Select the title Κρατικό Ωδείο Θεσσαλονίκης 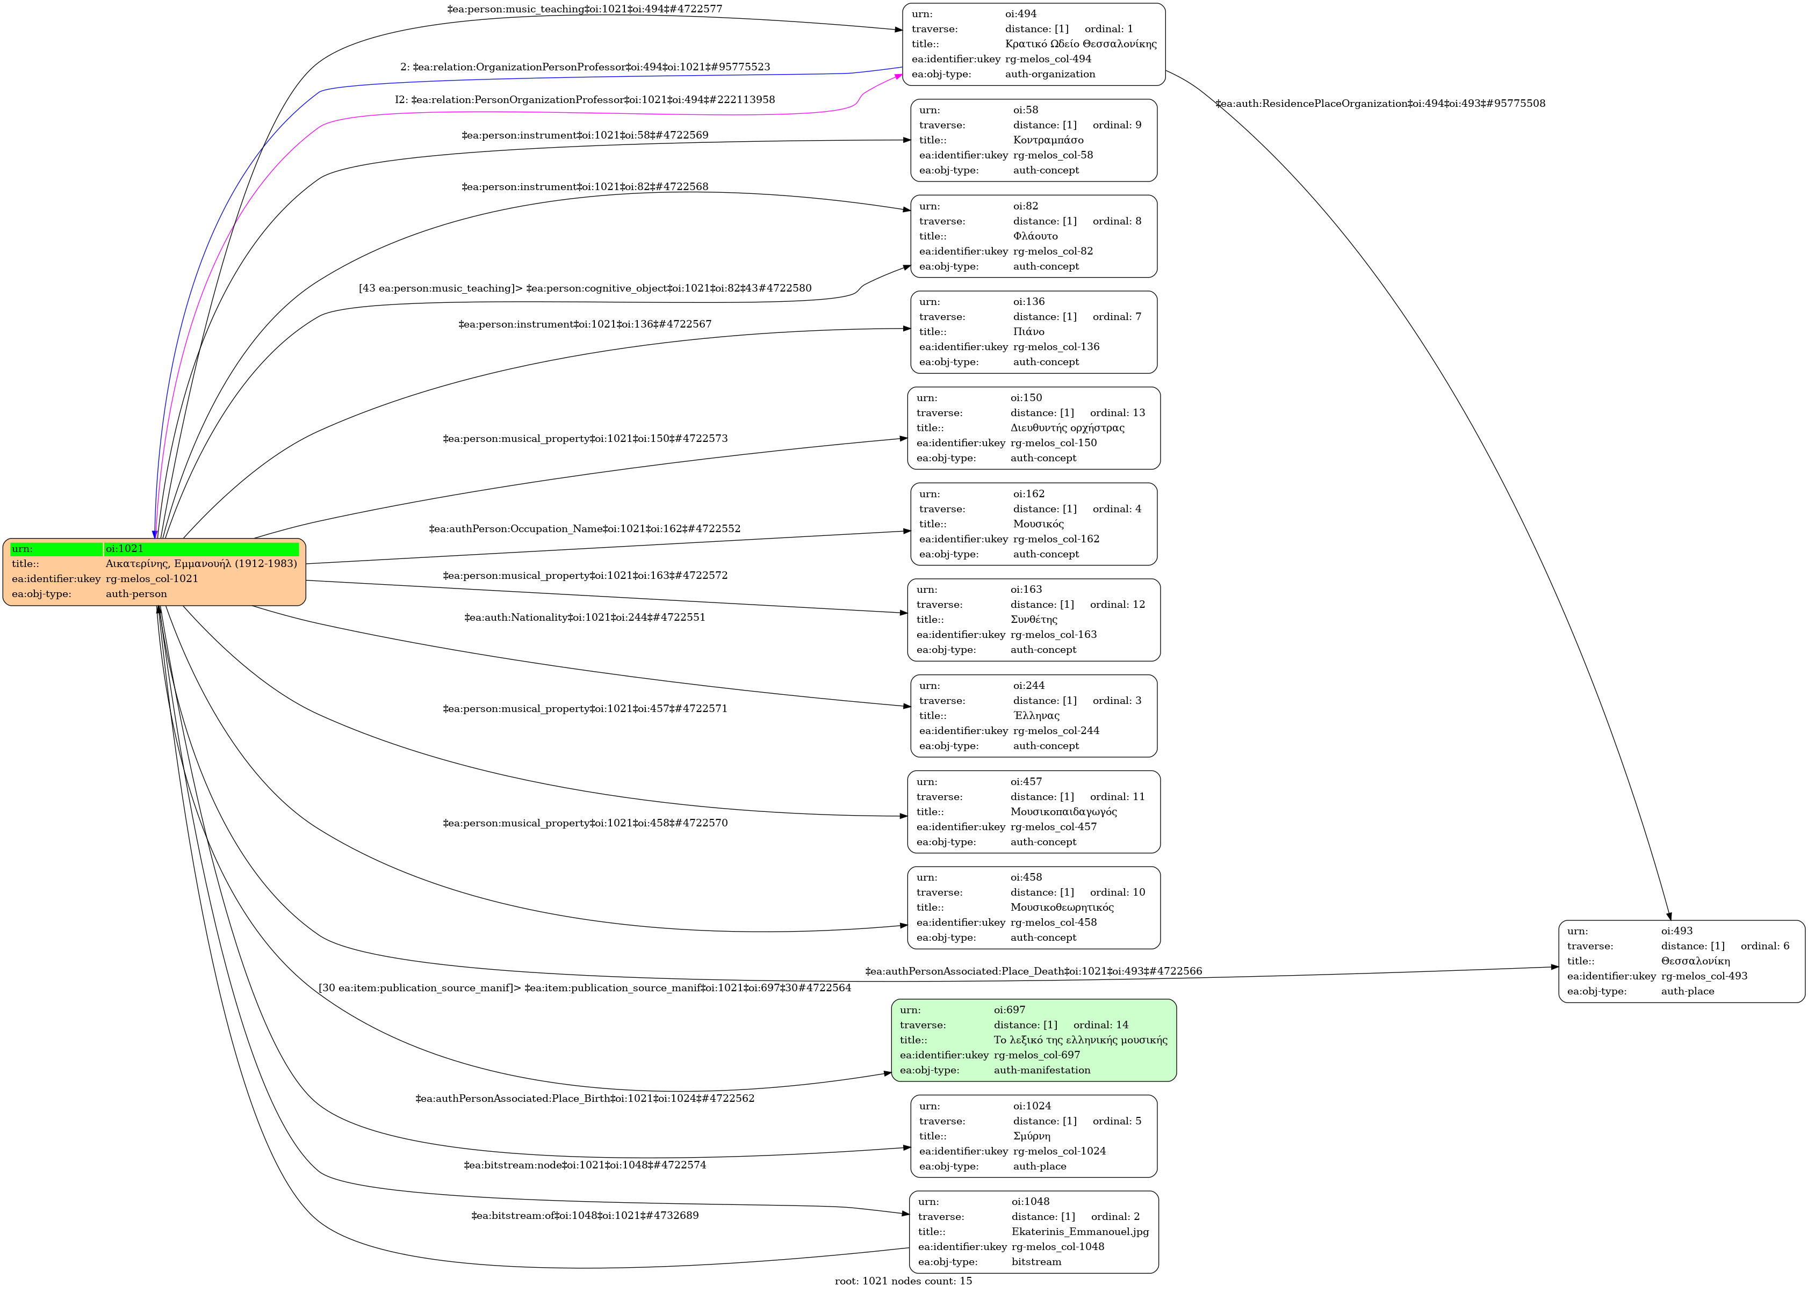pyautogui.click(x=1080, y=44)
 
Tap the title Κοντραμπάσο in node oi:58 pyautogui.click(x=1047, y=140)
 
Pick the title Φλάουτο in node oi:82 pyautogui.click(x=1035, y=236)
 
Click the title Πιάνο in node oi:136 pyautogui.click(x=1028, y=332)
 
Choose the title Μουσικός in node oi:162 pyautogui.click(x=1038, y=524)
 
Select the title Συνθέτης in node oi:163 pyautogui.click(x=1034, y=620)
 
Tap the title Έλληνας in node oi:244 pyautogui.click(x=1036, y=716)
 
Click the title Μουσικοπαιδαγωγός pyautogui.click(x=1063, y=811)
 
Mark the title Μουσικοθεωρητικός pyautogui.click(x=1062, y=907)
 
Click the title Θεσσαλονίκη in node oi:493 pyautogui.click(x=1695, y=961)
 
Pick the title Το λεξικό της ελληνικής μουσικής pyautogui.click(x=1080, y=1040)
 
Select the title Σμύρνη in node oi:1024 pyautogui.click(x=1032, y=1136)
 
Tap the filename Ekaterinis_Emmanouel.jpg pyautogui.click(x=1079, y=1232)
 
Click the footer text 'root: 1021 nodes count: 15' pyautogui.click(x=903, y=1281)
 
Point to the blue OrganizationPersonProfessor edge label pyautogui.click(x=585, y=67)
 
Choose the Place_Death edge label pyautogui.click(x=1033, y=971)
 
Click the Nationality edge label pyautogui.click(x=585, y=617)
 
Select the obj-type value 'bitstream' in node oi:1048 pyautogui.click(x=1036, y=1262)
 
